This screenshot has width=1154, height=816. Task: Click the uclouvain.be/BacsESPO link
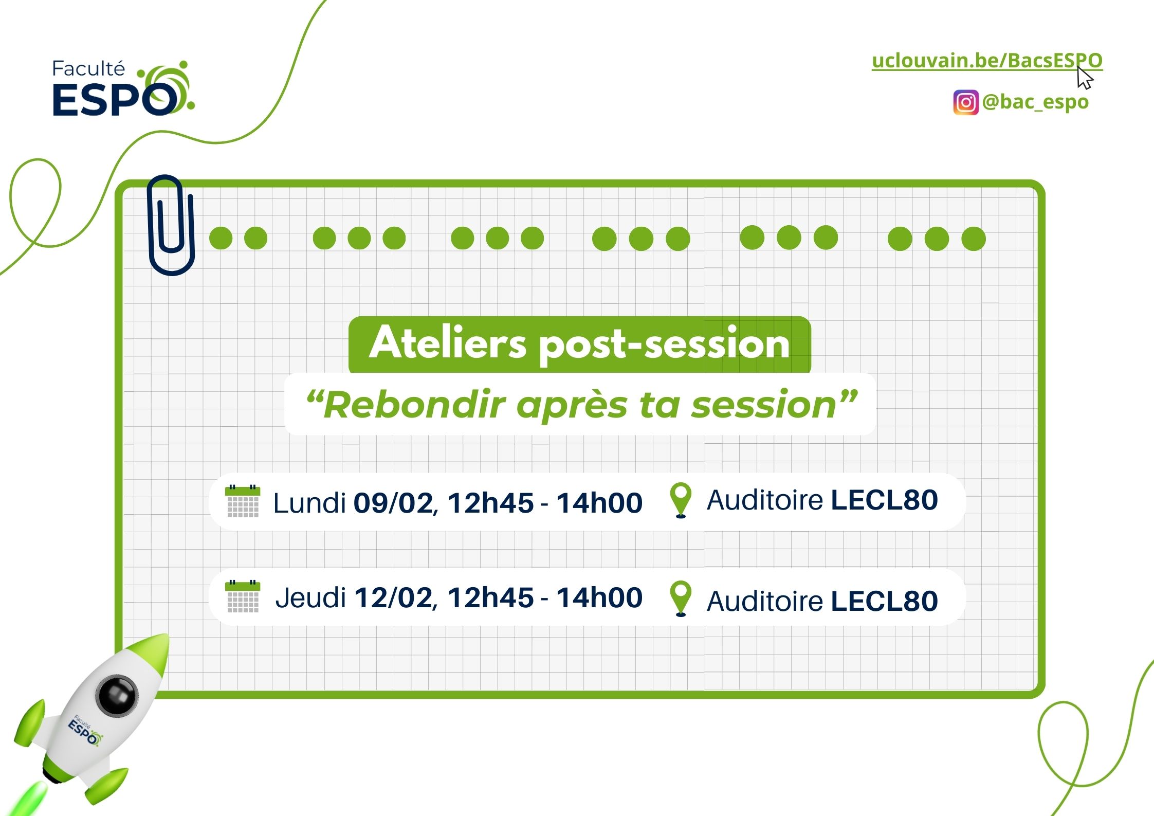[x=987, y=61]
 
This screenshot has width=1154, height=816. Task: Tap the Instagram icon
[x=966, y=102]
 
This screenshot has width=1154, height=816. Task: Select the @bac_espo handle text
[x=1035, y=102]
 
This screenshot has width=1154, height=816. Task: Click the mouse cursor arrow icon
[x=1085, y=78]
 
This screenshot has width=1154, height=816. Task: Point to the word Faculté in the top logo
[x=88, y=69]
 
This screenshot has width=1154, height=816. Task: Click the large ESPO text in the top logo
[x=116, y=99]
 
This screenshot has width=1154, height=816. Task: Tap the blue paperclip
[x=171, y=225]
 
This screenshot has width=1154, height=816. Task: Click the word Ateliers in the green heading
[x=448, y=342]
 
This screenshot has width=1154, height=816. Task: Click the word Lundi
[x=309, y=502]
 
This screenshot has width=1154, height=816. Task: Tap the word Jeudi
[x=310, y=597]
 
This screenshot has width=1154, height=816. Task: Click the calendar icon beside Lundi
[x=243, y=501]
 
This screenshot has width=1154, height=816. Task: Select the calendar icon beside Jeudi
[x=243, y=596]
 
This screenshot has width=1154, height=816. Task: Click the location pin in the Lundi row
[x=681, y=500]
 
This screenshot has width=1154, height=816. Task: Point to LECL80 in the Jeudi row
[x=885, y=601]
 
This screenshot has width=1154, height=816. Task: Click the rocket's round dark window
[x=117, y=696]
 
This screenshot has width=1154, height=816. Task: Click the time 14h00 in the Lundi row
[x=599, y=502]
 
